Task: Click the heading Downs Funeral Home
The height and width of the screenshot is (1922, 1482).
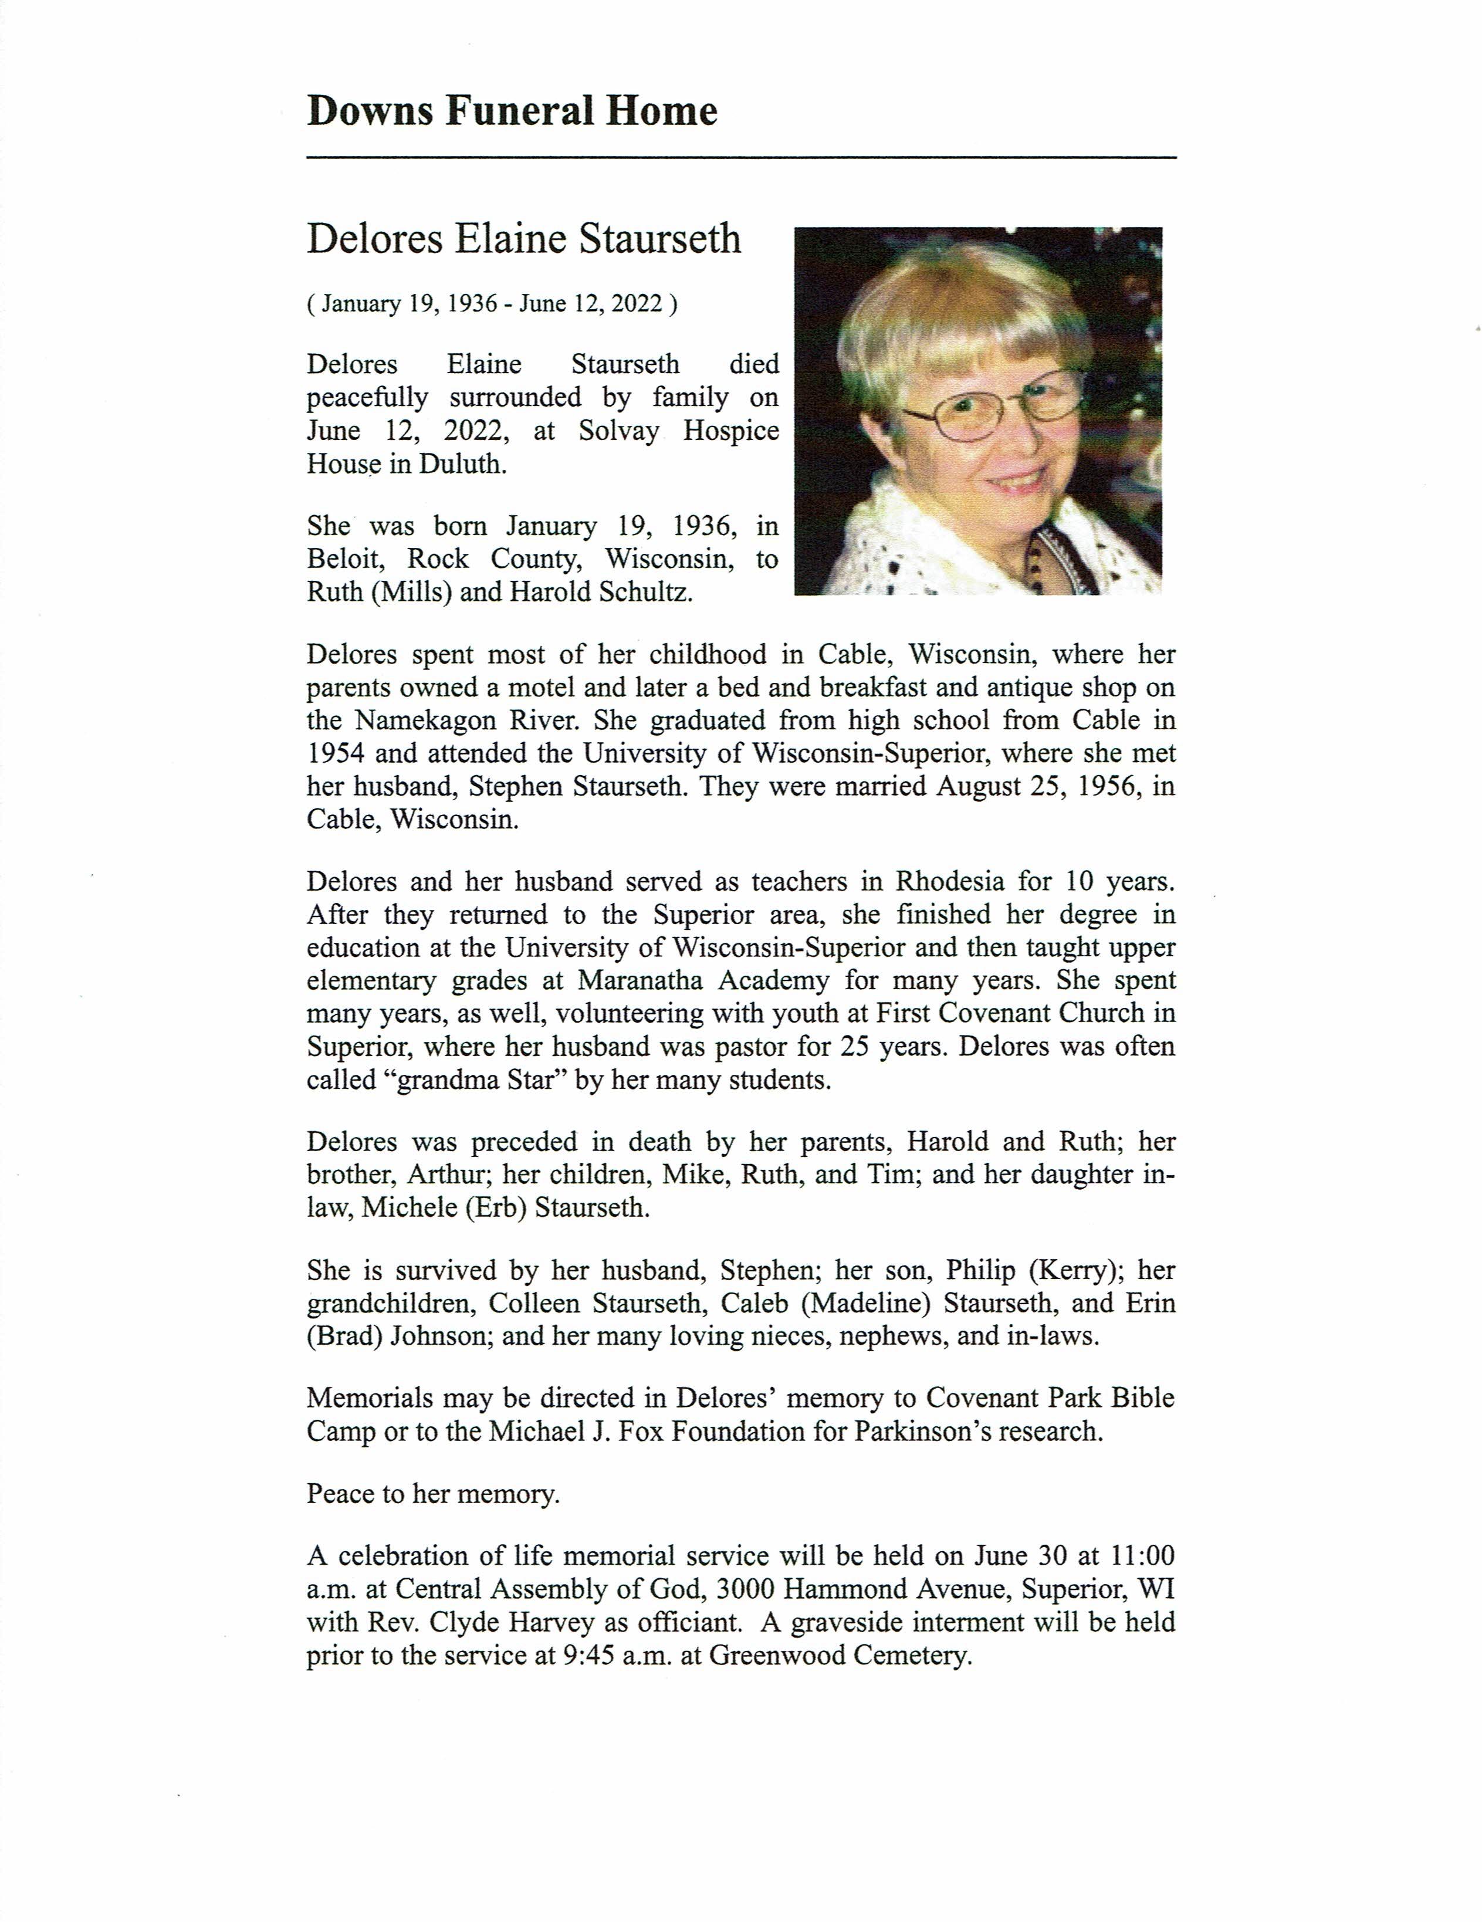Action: coord(512,111)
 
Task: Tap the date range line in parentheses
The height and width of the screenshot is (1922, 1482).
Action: coord(492,304)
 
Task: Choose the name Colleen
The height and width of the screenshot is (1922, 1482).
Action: coord(534,1304)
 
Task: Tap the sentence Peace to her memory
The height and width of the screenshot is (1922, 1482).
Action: coord(433,1494)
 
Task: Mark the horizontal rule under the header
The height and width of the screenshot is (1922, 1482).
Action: coord(741,157)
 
